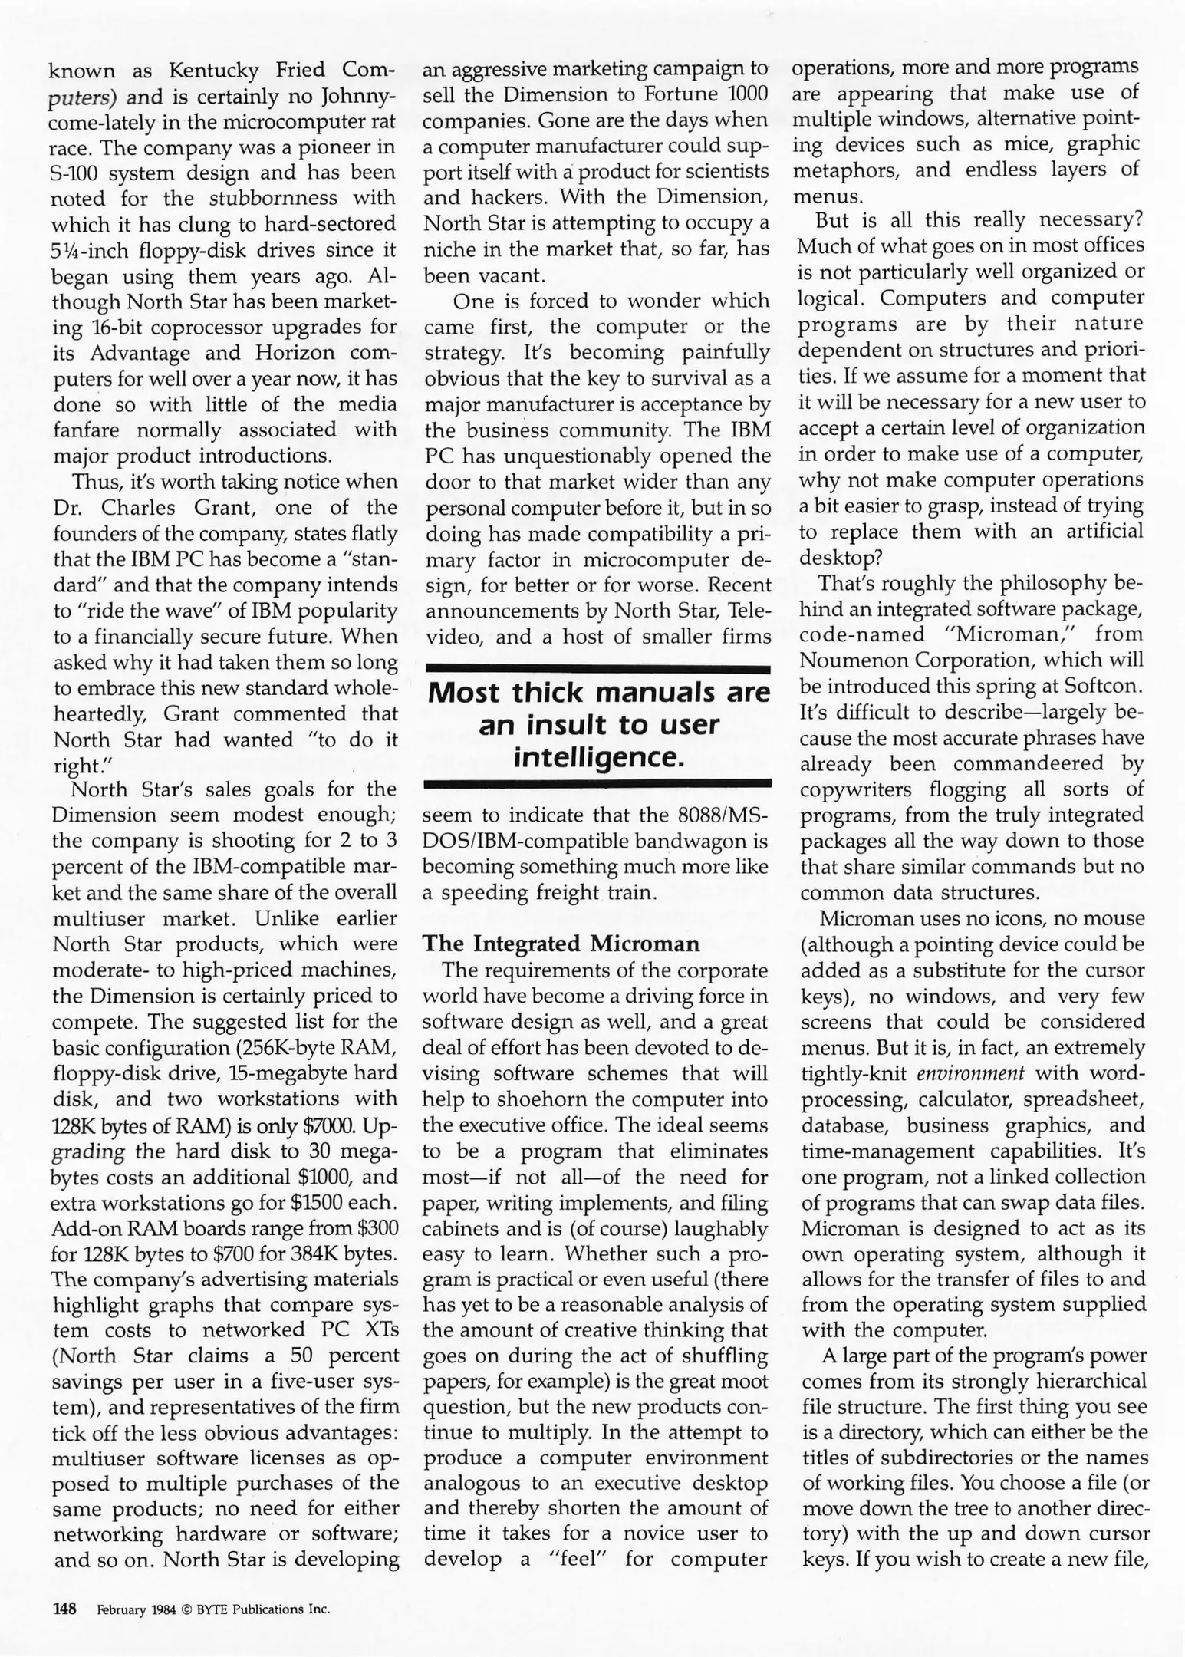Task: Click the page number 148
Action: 64,1609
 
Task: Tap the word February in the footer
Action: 120,1609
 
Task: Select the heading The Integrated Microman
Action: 561,944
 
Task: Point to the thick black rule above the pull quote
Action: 597,670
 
